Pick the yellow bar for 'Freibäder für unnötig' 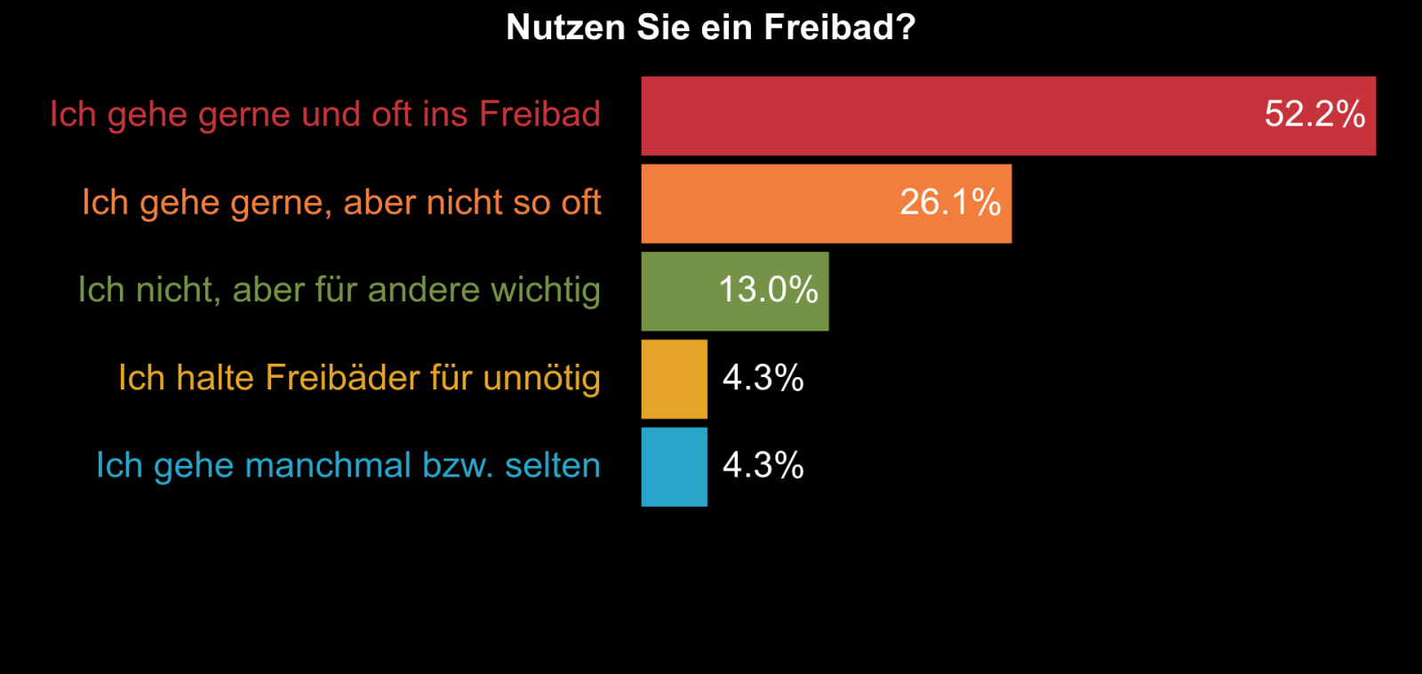point(675,379)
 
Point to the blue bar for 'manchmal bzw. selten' point(675,467)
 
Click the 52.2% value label point(1314,115)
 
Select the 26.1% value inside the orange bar point(950,203)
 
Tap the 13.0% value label point(768,290)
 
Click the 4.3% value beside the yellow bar point(763,378)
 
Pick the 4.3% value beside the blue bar point(763,465)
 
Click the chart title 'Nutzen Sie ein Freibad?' point(710,28)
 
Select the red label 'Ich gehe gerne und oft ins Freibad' point(325,115)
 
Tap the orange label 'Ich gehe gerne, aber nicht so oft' point(341,203)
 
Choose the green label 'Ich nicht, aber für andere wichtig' point(339,290)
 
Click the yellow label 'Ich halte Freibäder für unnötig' point(359,378)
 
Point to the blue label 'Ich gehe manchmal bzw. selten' point(348,465)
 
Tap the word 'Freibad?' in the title point(840,28)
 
